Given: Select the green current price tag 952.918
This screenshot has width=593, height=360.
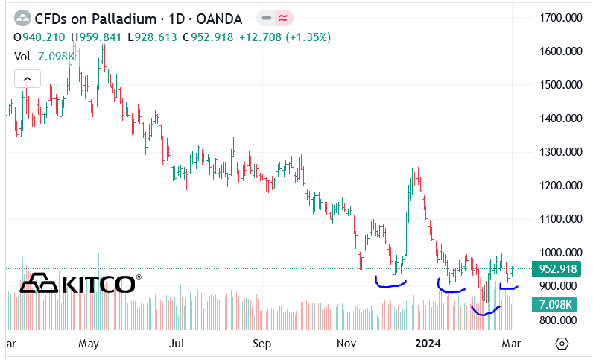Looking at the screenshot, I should tap(559, 269).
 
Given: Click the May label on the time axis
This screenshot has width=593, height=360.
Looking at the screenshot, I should tap(89, 344).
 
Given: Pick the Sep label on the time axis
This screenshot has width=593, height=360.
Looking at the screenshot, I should tap(261, 344).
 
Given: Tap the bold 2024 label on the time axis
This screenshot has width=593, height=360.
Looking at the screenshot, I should tap(428, 344).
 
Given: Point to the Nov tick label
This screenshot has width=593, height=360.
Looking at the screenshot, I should tap(346, 344).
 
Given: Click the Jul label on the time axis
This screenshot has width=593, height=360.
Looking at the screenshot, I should tap(177, 344).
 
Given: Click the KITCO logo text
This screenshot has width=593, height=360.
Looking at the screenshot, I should tap(98, 283).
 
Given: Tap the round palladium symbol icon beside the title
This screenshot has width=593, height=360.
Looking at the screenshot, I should tap(22, 18).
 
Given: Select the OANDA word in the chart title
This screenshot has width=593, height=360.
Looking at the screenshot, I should tap(223, 18).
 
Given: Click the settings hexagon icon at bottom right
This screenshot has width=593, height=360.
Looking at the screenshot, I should tap(562, 344).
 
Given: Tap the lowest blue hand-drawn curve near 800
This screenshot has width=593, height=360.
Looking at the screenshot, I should tap(485, 312).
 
